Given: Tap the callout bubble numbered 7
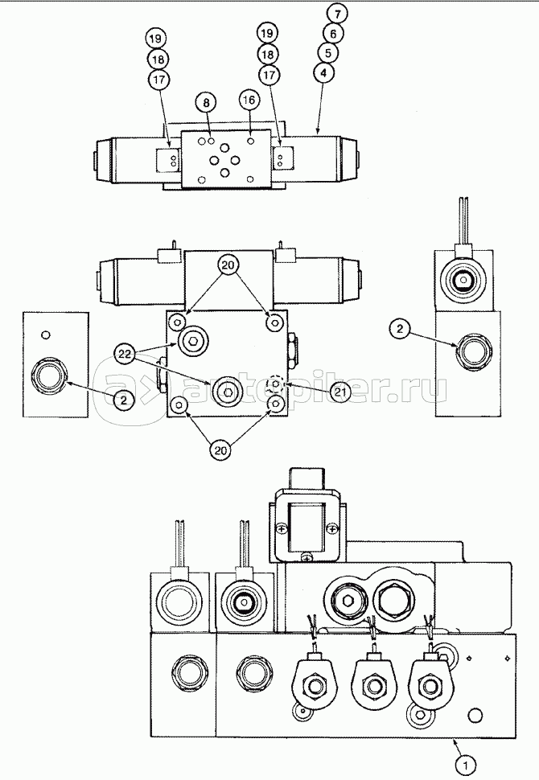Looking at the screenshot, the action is coord(338,14).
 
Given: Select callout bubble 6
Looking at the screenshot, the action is coord(333,33).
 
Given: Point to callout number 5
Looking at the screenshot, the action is coord(328,53).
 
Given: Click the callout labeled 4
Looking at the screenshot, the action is coord(323,72).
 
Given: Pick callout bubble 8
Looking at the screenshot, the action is coord(206,102).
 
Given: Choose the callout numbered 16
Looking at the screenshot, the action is coord(249,100).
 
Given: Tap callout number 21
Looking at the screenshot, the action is coord(340,392).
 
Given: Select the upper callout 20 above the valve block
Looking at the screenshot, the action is coord(228,265).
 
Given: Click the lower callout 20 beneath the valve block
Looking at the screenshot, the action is coord(221,450).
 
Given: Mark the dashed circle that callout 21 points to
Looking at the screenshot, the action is coord(274,384).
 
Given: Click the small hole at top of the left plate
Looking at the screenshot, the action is coord(46,335).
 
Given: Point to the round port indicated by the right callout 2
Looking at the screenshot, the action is coord(475,351).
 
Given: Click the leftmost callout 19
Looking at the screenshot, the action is coord(156,39).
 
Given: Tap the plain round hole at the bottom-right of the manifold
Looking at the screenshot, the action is coord(475,715).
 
